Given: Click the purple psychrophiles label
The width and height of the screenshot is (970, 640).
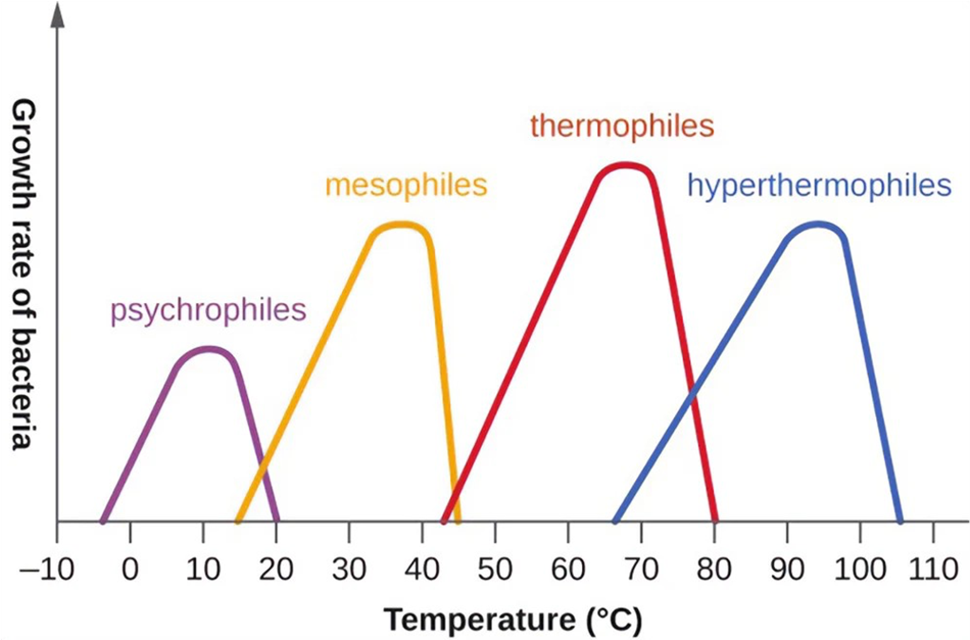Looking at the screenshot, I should point(208,311).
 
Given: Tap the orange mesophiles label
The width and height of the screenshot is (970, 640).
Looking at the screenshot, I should point(406,185).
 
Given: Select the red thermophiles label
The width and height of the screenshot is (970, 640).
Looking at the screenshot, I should point(622,126).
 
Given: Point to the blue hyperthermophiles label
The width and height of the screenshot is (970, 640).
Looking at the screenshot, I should point(819,186).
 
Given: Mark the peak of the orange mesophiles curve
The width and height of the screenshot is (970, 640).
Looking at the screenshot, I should point(401,224).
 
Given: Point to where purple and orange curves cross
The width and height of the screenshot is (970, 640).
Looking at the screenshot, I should point(263,468).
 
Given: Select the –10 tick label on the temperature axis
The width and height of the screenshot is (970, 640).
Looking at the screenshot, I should point(47,569).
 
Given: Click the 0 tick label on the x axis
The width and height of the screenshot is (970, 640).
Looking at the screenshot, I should point(130,569).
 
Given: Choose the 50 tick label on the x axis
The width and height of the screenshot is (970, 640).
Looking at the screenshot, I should point(495,569).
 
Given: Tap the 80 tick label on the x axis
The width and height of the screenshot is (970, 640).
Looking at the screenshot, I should point(714,569).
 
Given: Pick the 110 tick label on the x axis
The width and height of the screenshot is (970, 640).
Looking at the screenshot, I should point(933,569).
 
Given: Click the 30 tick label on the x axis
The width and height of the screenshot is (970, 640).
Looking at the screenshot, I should point(349,569).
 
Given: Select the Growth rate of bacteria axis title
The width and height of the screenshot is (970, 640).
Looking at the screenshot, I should point(24,274).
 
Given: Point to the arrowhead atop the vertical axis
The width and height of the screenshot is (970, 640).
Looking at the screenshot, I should point(57,15).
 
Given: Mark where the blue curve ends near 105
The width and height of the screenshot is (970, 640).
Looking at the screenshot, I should point(900,521).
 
